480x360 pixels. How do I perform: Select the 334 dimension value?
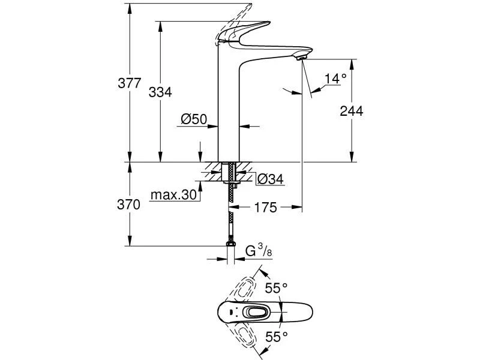[160, 92]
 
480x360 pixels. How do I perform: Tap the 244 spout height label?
[352, 110]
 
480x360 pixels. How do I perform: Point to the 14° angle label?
[335, 79]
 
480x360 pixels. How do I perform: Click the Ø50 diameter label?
[193, 120]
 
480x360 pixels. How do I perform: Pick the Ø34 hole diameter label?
[270, 179]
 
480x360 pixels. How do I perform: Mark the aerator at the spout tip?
[301, 57]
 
